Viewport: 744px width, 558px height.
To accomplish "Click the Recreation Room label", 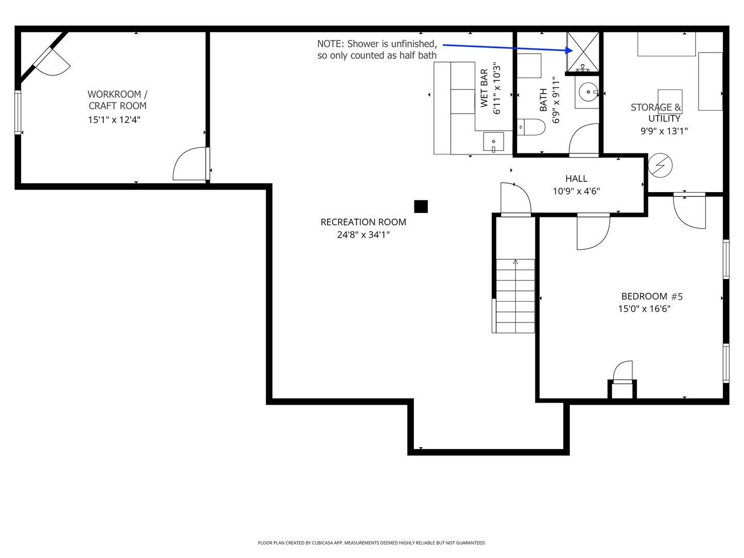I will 363,222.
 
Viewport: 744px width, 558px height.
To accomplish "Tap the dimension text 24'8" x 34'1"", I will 363,235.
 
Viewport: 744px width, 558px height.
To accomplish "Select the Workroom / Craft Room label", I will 117,100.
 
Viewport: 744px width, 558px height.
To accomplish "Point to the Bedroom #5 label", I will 652,297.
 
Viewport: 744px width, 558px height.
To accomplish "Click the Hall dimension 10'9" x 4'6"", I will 576,191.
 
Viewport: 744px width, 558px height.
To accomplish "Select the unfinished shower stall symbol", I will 583,52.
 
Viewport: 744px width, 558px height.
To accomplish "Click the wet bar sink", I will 493,142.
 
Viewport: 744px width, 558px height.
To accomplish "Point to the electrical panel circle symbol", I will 660,165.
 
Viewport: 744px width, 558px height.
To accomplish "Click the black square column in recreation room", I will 421,207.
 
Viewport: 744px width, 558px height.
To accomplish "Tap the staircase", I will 515,296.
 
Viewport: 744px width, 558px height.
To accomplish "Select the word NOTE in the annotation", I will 330,44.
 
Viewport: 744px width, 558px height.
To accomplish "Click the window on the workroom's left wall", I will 18,112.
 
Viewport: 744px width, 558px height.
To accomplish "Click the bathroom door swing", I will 584,141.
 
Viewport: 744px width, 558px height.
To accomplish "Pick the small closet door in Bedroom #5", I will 623,372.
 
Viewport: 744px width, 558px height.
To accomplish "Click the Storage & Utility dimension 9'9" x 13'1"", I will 664,131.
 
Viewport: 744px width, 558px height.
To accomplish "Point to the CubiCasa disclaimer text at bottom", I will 371,543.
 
